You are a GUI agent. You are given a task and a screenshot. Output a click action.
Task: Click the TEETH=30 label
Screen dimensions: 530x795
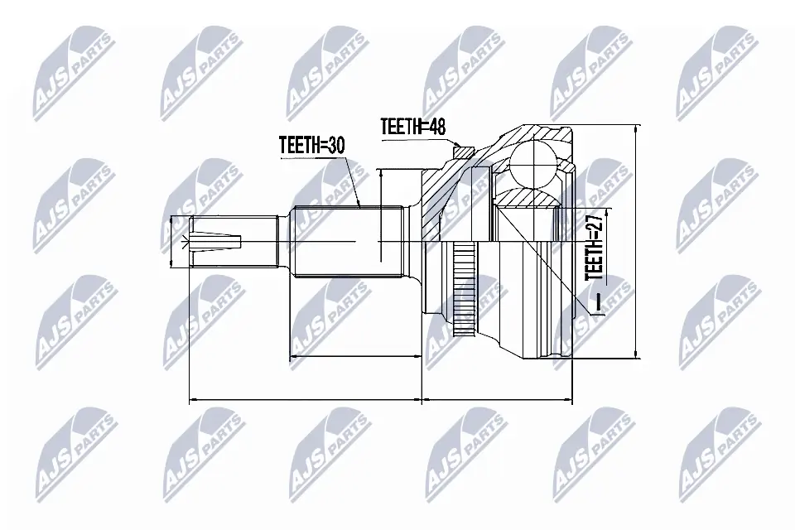(311, 146)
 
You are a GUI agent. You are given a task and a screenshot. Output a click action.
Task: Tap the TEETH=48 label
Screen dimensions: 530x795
(413, 127)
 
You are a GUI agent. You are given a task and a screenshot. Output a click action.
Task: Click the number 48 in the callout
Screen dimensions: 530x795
(436, 127)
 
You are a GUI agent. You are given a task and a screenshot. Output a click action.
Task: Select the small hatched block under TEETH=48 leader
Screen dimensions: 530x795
(465, 152)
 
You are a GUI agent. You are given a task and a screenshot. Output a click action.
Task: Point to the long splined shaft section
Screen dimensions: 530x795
(348, 242)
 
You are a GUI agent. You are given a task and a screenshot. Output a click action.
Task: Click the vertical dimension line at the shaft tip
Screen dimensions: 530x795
(171, 242)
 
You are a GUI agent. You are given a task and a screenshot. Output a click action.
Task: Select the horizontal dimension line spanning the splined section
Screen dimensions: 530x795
(356, 358)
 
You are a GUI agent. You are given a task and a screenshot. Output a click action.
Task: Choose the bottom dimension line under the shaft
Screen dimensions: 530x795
(306, 400)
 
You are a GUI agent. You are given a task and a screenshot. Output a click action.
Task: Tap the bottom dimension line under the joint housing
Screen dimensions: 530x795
(497, 400)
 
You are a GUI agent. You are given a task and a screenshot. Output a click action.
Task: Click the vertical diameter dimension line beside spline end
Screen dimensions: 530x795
(378, 215)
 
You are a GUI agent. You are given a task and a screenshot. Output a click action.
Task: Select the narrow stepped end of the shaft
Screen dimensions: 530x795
(232, 242)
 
